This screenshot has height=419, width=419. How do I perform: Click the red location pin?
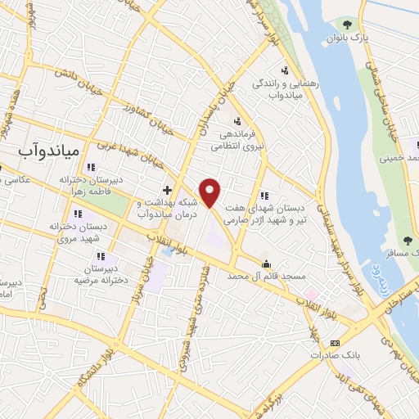tap(211, 192)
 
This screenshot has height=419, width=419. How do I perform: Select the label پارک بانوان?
tap(344, 38)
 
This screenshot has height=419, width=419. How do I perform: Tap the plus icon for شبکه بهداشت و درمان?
tap(167, 190)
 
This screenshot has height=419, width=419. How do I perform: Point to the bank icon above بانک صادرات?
tap(333, 343)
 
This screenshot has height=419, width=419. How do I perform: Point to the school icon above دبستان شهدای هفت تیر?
tap(264, 196)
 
